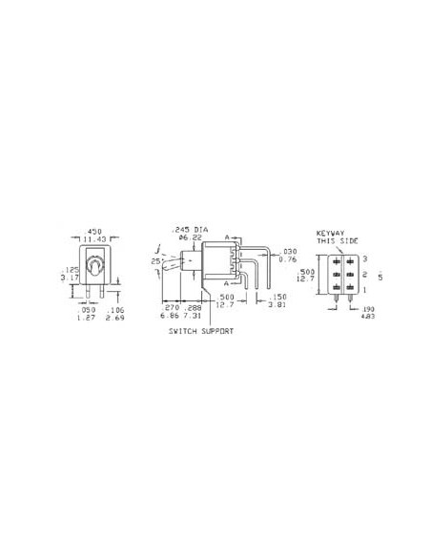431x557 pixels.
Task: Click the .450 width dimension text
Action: pos(94,231)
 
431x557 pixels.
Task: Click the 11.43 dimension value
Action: pos(94,238)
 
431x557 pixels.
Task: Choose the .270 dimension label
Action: pos(172,308)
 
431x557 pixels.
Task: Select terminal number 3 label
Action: pos(365,258)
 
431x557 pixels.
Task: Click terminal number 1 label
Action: pos(365,289)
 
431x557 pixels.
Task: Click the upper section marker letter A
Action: pos(227,237)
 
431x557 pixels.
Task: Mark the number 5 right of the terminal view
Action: pos(381,277)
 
